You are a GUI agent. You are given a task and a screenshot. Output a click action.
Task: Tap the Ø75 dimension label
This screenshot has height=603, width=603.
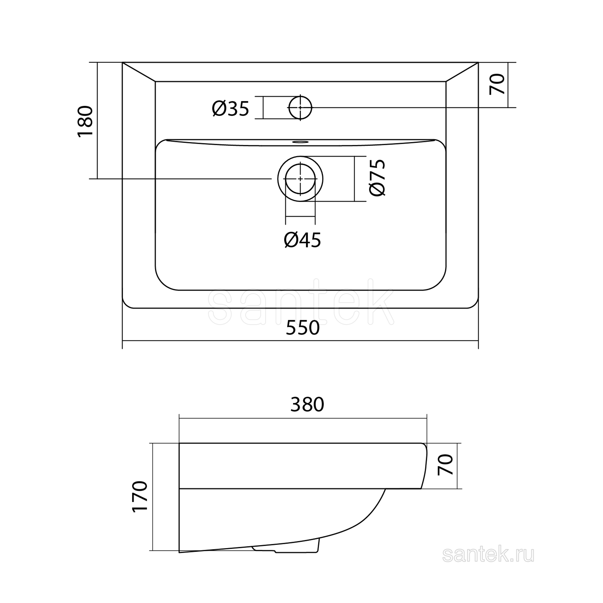point(377,178)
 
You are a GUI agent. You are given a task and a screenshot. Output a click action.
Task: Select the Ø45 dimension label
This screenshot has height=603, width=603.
point(302,240)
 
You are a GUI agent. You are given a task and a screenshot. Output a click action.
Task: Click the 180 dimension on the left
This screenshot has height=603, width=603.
point(85,121)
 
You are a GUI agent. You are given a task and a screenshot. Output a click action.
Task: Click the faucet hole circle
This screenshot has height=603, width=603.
point(300,96)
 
